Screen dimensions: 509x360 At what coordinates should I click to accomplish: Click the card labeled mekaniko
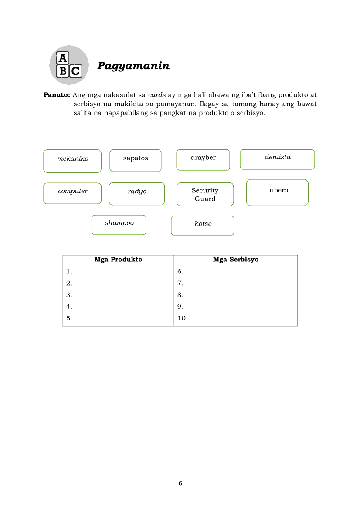72,161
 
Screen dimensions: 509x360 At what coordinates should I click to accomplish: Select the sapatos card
135,160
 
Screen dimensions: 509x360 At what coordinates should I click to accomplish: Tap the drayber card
203,159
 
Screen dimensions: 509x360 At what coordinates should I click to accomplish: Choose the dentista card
277,159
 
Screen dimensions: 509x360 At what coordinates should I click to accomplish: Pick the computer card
72,193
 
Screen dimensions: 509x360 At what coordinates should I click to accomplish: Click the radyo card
137,193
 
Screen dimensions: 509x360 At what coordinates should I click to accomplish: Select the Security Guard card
205,194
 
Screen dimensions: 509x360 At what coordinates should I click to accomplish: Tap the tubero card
277,192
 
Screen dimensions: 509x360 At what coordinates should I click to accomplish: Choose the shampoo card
119,225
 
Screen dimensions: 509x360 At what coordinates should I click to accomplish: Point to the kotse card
203,225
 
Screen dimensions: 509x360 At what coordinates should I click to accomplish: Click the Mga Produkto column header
118,260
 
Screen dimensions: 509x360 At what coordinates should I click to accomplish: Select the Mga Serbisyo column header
235,260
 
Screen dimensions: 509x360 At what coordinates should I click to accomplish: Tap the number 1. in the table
69,271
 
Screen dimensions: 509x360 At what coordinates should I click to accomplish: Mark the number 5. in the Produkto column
69,318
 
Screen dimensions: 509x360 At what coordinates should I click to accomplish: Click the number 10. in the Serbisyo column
182,318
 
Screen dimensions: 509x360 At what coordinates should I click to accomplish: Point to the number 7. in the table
180,283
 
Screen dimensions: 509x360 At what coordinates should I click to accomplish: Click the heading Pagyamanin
133,66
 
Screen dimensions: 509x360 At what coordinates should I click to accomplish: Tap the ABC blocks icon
69,65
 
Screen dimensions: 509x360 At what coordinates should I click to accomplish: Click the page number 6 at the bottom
180,483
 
